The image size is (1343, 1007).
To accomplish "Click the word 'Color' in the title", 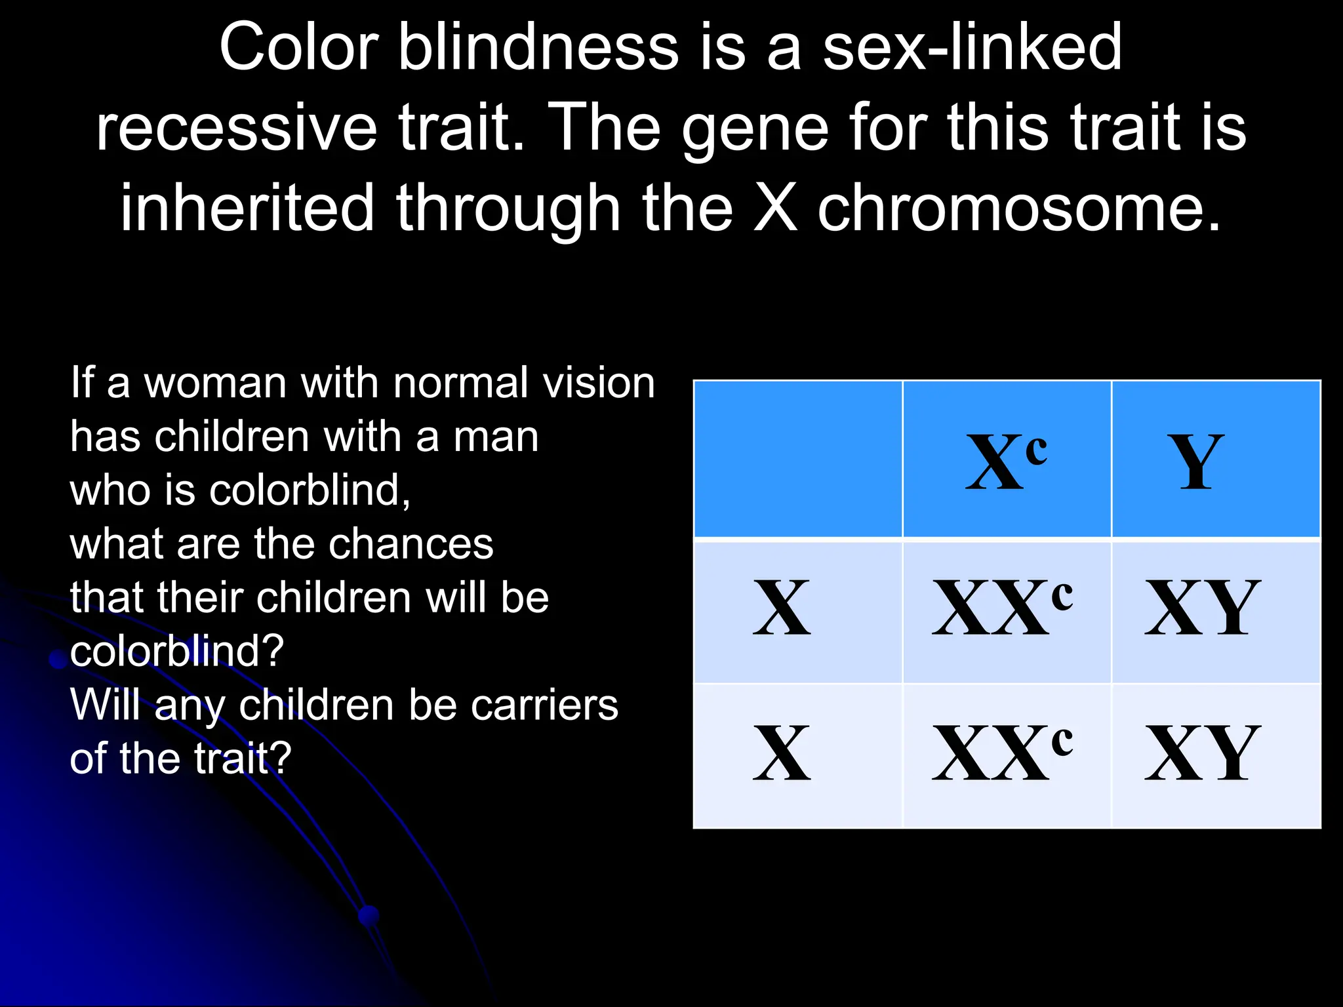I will click(299, 47).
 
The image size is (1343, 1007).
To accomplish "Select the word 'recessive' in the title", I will click(237, 127).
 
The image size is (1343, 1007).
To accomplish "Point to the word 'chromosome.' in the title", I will click(1020, 208).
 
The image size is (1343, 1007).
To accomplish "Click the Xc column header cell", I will click(1007, 460).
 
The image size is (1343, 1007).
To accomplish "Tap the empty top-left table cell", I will click(798, 459).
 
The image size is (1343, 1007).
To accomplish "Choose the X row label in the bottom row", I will click(782, 754).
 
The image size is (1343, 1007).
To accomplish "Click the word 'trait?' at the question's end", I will click(243, 759).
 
